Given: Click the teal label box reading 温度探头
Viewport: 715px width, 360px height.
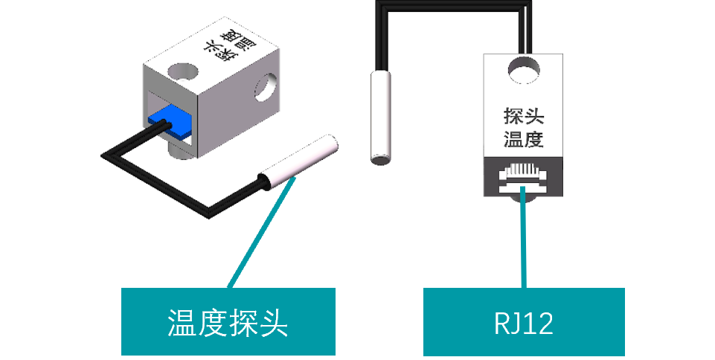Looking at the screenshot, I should pos(228,321).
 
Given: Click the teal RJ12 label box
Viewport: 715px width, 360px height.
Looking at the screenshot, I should pos(524,321).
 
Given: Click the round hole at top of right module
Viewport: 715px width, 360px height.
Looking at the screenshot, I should pos(524,71).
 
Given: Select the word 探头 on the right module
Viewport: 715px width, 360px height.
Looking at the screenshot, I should pos(524,118).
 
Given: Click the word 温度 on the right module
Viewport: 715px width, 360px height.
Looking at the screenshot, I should pos(524,139).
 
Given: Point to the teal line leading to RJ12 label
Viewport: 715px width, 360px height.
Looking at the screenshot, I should pos(525,238).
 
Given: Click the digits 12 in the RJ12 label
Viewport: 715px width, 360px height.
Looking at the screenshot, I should pos(539,323).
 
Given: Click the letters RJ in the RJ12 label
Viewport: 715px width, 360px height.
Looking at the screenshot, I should pos(507,323).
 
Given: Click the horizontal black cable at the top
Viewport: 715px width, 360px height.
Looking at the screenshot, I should pos(454,6).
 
